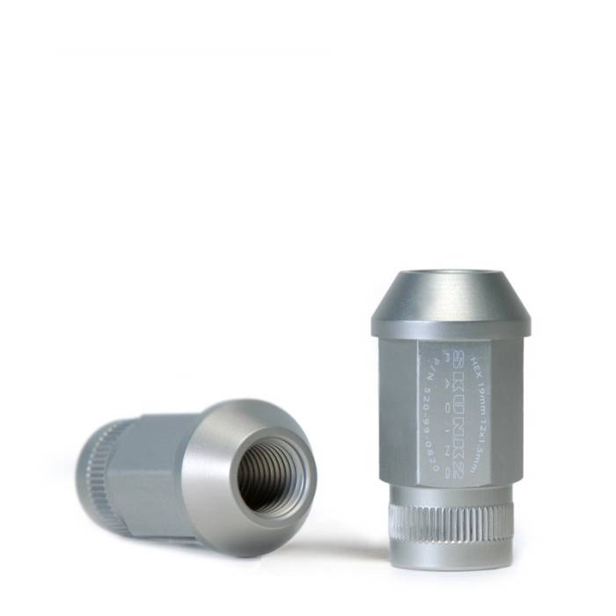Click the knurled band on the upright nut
(x=451, y=523)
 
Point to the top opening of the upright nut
(x=451, y=275)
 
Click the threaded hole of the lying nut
(x=268, y=477)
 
